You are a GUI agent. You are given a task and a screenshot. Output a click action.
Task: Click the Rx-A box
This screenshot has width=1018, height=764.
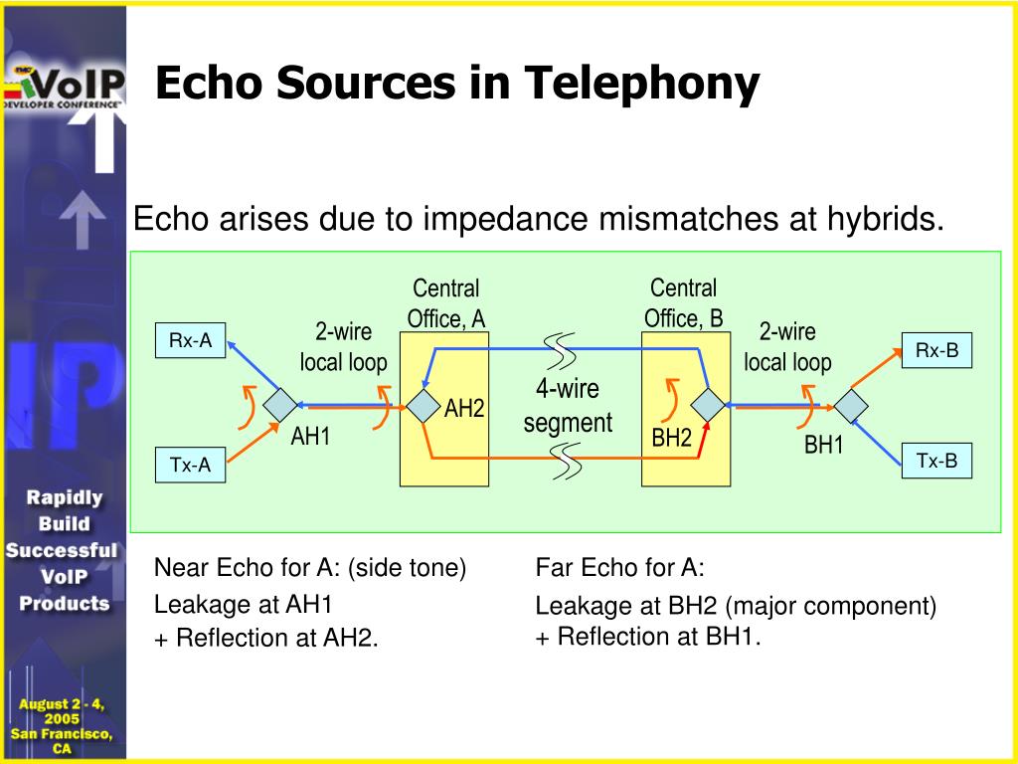(x=190, y=340)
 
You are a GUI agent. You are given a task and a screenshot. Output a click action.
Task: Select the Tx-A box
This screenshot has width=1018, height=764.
(x=190, y=465)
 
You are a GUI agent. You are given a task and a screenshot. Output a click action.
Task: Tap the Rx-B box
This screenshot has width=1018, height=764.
(x=936, y=350)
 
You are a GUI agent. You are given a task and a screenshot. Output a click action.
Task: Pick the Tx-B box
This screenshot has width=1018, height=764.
(x=936, y=461)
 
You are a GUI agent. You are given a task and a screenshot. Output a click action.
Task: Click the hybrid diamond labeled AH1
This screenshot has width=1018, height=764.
(x=279, y=405)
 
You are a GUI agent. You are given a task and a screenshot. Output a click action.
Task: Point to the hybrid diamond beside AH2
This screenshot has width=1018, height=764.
(x=424, y=406)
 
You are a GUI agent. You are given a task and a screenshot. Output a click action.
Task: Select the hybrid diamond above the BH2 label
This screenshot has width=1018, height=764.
(x=708, y=405)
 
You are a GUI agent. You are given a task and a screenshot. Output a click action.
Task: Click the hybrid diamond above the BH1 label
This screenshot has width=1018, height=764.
(x=851, y=406)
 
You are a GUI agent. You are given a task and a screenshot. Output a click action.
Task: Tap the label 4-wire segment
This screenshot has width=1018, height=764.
(x=568, y=406)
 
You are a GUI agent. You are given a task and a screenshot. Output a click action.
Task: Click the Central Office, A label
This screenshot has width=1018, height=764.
(x=446, y=303)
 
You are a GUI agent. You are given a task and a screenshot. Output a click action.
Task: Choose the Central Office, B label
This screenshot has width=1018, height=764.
(x=684, y=303)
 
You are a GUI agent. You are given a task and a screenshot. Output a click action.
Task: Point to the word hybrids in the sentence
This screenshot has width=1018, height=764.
(x=886, y=218)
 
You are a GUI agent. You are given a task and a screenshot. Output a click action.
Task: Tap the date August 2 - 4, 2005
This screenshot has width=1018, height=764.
(x=62, y=711)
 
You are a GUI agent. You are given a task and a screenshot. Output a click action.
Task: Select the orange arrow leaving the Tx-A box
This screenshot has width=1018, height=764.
(x=254, y=443)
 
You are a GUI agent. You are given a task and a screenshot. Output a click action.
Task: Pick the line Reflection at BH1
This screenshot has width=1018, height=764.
(x=648, y=637)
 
